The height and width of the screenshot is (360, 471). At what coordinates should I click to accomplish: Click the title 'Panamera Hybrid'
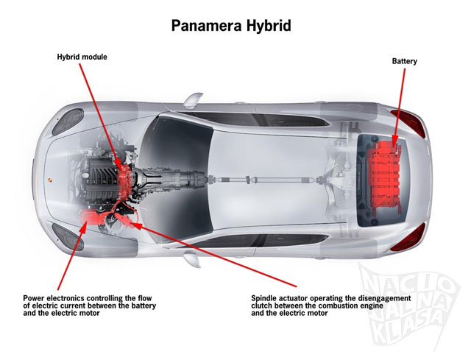(x=232, y=26)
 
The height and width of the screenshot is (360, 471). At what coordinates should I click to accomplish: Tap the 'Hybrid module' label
(x=83, y=57)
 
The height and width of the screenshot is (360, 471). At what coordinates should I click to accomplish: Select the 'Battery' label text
(x=404, y=62)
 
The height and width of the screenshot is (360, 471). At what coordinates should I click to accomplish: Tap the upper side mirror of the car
(x=193, y=99)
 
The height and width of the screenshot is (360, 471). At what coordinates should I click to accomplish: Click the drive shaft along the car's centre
(x=258, y=177)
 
